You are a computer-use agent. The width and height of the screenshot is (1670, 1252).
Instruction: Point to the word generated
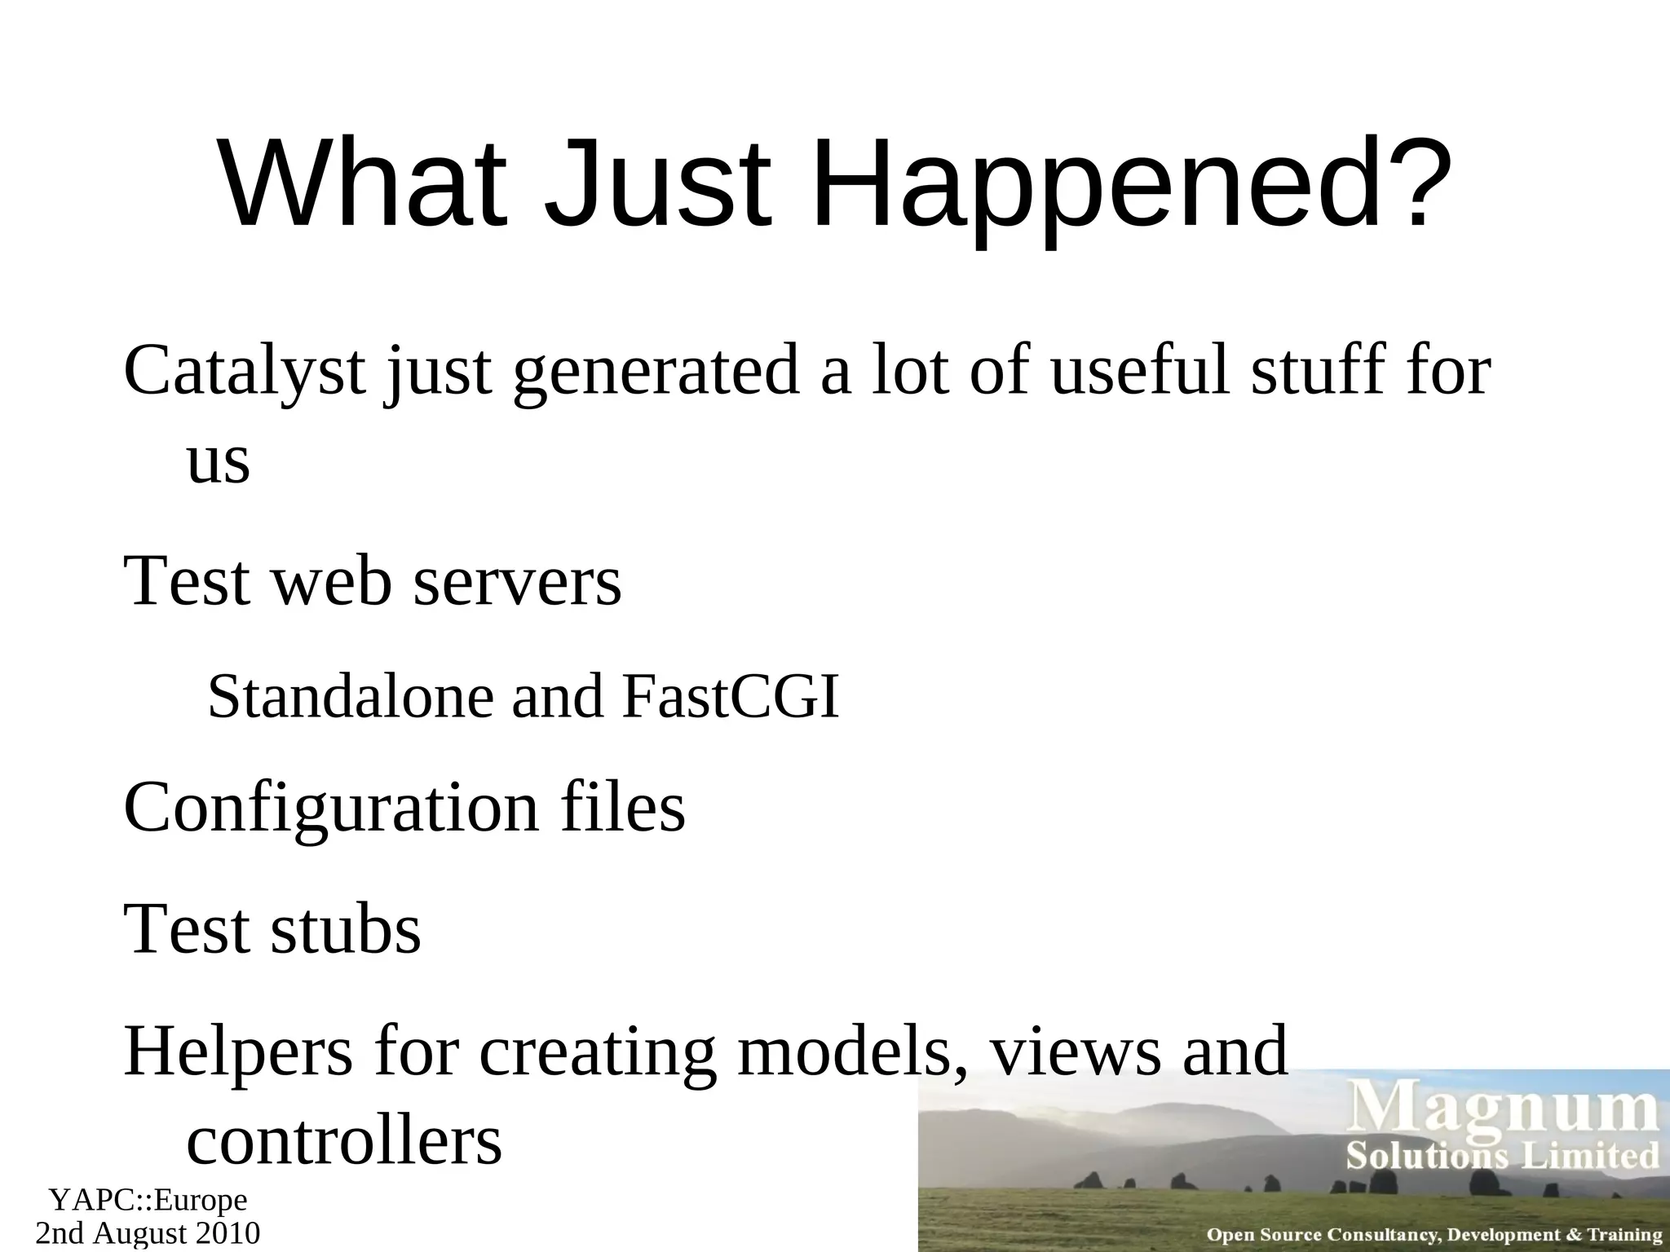[x=656, y=372]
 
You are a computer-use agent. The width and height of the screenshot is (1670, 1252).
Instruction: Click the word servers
[x=517, y=582]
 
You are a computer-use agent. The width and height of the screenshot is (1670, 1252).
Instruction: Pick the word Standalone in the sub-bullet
[x=351, y=698]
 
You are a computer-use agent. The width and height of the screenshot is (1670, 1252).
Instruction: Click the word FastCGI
[x=730, y=698]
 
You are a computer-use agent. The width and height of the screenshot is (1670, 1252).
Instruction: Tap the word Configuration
[x=331, y=807]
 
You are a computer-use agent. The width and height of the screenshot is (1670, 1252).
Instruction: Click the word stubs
[x=345, y=929]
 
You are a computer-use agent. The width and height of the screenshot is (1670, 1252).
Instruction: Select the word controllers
[x=343, y=1141]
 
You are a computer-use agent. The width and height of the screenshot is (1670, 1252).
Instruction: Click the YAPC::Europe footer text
[x=148, y=1201]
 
